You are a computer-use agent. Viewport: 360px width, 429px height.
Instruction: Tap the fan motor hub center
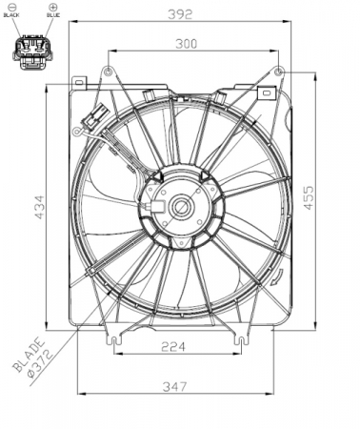point(179,205)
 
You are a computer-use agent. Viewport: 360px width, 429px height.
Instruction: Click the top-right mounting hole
point(277,71)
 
